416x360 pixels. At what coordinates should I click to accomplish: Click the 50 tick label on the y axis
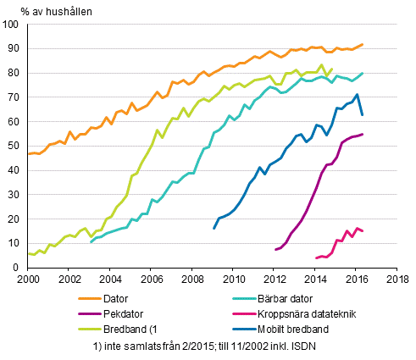14,147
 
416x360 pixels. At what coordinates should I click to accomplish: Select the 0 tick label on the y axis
18,269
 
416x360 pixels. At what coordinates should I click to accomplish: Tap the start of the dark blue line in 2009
214,229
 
